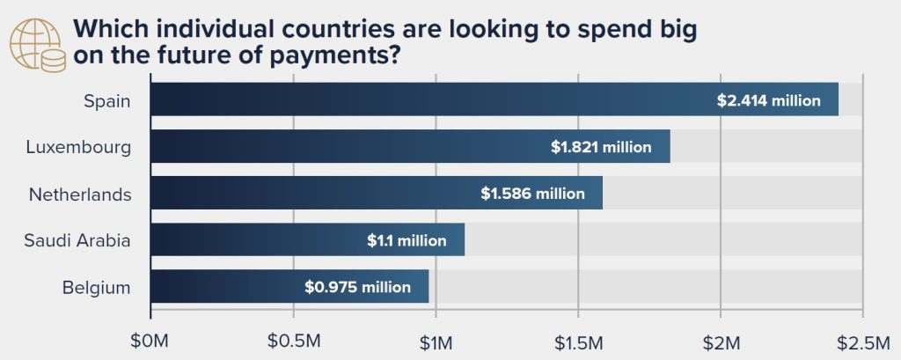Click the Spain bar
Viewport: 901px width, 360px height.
(x=422, y=99)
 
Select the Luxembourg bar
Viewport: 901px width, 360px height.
(x=352, y=146)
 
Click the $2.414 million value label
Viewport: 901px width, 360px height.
(x=769, y=100)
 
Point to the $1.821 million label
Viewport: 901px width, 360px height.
(x=601, y=147)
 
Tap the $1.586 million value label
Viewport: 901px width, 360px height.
(x=532, y=194)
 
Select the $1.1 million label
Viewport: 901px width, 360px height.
(x=407, y=240)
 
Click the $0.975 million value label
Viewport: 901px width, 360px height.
(x=357, y=287)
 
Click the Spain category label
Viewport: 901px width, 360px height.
(x=107, y=100)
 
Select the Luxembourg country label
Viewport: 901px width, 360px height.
(x=78, y=147)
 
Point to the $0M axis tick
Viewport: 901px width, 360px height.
(x=150, y=340)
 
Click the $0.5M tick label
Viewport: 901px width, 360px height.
(x=294, y=340)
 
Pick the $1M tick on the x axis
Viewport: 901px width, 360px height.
(x=436, y=340)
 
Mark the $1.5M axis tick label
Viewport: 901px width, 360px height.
(x=578, y=340)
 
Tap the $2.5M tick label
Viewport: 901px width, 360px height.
(x=863, y=340)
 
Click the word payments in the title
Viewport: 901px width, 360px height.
(x=337, y=55)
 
